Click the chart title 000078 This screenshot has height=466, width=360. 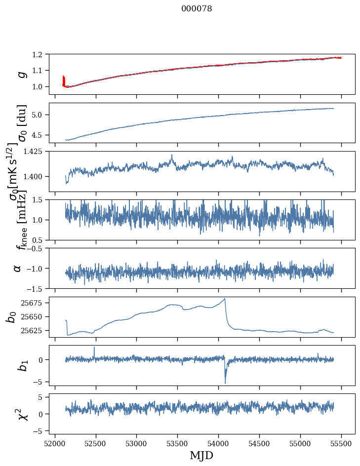[197, 9]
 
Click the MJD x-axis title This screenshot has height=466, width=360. [201, 455]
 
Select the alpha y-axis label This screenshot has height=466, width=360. [17, 268]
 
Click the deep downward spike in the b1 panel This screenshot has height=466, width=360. [225, 383]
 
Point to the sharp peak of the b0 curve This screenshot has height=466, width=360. [225, 299]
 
